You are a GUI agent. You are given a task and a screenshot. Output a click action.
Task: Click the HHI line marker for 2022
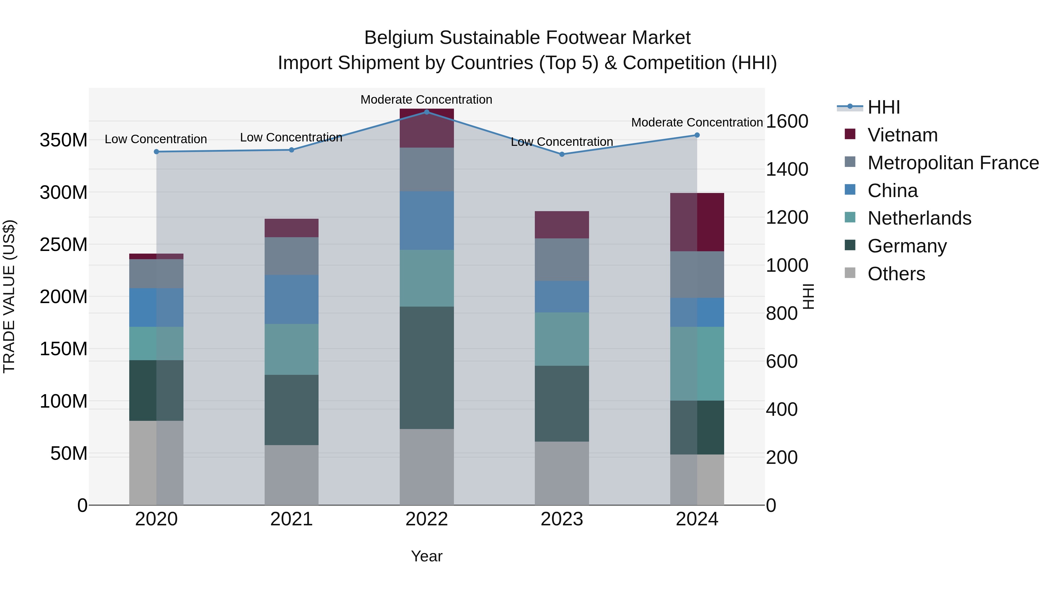pyautogui.click(x=426, y=112)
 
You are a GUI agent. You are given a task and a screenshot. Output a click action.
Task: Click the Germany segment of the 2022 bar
pyautogui.click(x=426, y=368)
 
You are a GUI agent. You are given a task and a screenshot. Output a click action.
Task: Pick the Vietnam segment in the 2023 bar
pyautogui.click(x=561, y=225)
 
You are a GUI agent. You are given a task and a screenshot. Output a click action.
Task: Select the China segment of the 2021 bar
pyautogui.click(x=291, y=300)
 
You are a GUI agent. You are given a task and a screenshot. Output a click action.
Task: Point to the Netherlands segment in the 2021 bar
pyautogui.click(x=291, y=349)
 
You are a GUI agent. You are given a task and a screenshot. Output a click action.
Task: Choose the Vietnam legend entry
pyautogui.click(x=902, y=135)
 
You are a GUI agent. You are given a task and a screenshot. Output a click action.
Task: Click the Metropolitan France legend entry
pyautogui.click(x=953, y=163)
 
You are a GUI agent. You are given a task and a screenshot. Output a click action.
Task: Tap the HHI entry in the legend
pyautogui.click(x=883, y=107)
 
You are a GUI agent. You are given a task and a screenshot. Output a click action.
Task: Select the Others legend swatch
pyautogui.click(x=850, y=273)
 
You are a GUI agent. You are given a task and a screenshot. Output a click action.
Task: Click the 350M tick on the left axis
pyautogui.click(x=64, y=140)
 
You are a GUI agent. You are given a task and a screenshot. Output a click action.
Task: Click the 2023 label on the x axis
pyautogui.click(x=561, y=519)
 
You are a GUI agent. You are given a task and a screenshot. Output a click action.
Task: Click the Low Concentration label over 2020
pyautogui.click(x=156, y=139)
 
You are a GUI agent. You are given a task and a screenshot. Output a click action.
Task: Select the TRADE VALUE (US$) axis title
pyautogui.click(x=9, y=296)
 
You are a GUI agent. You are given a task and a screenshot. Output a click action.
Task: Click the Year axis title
pyautogui.click(x=426, y=556)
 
